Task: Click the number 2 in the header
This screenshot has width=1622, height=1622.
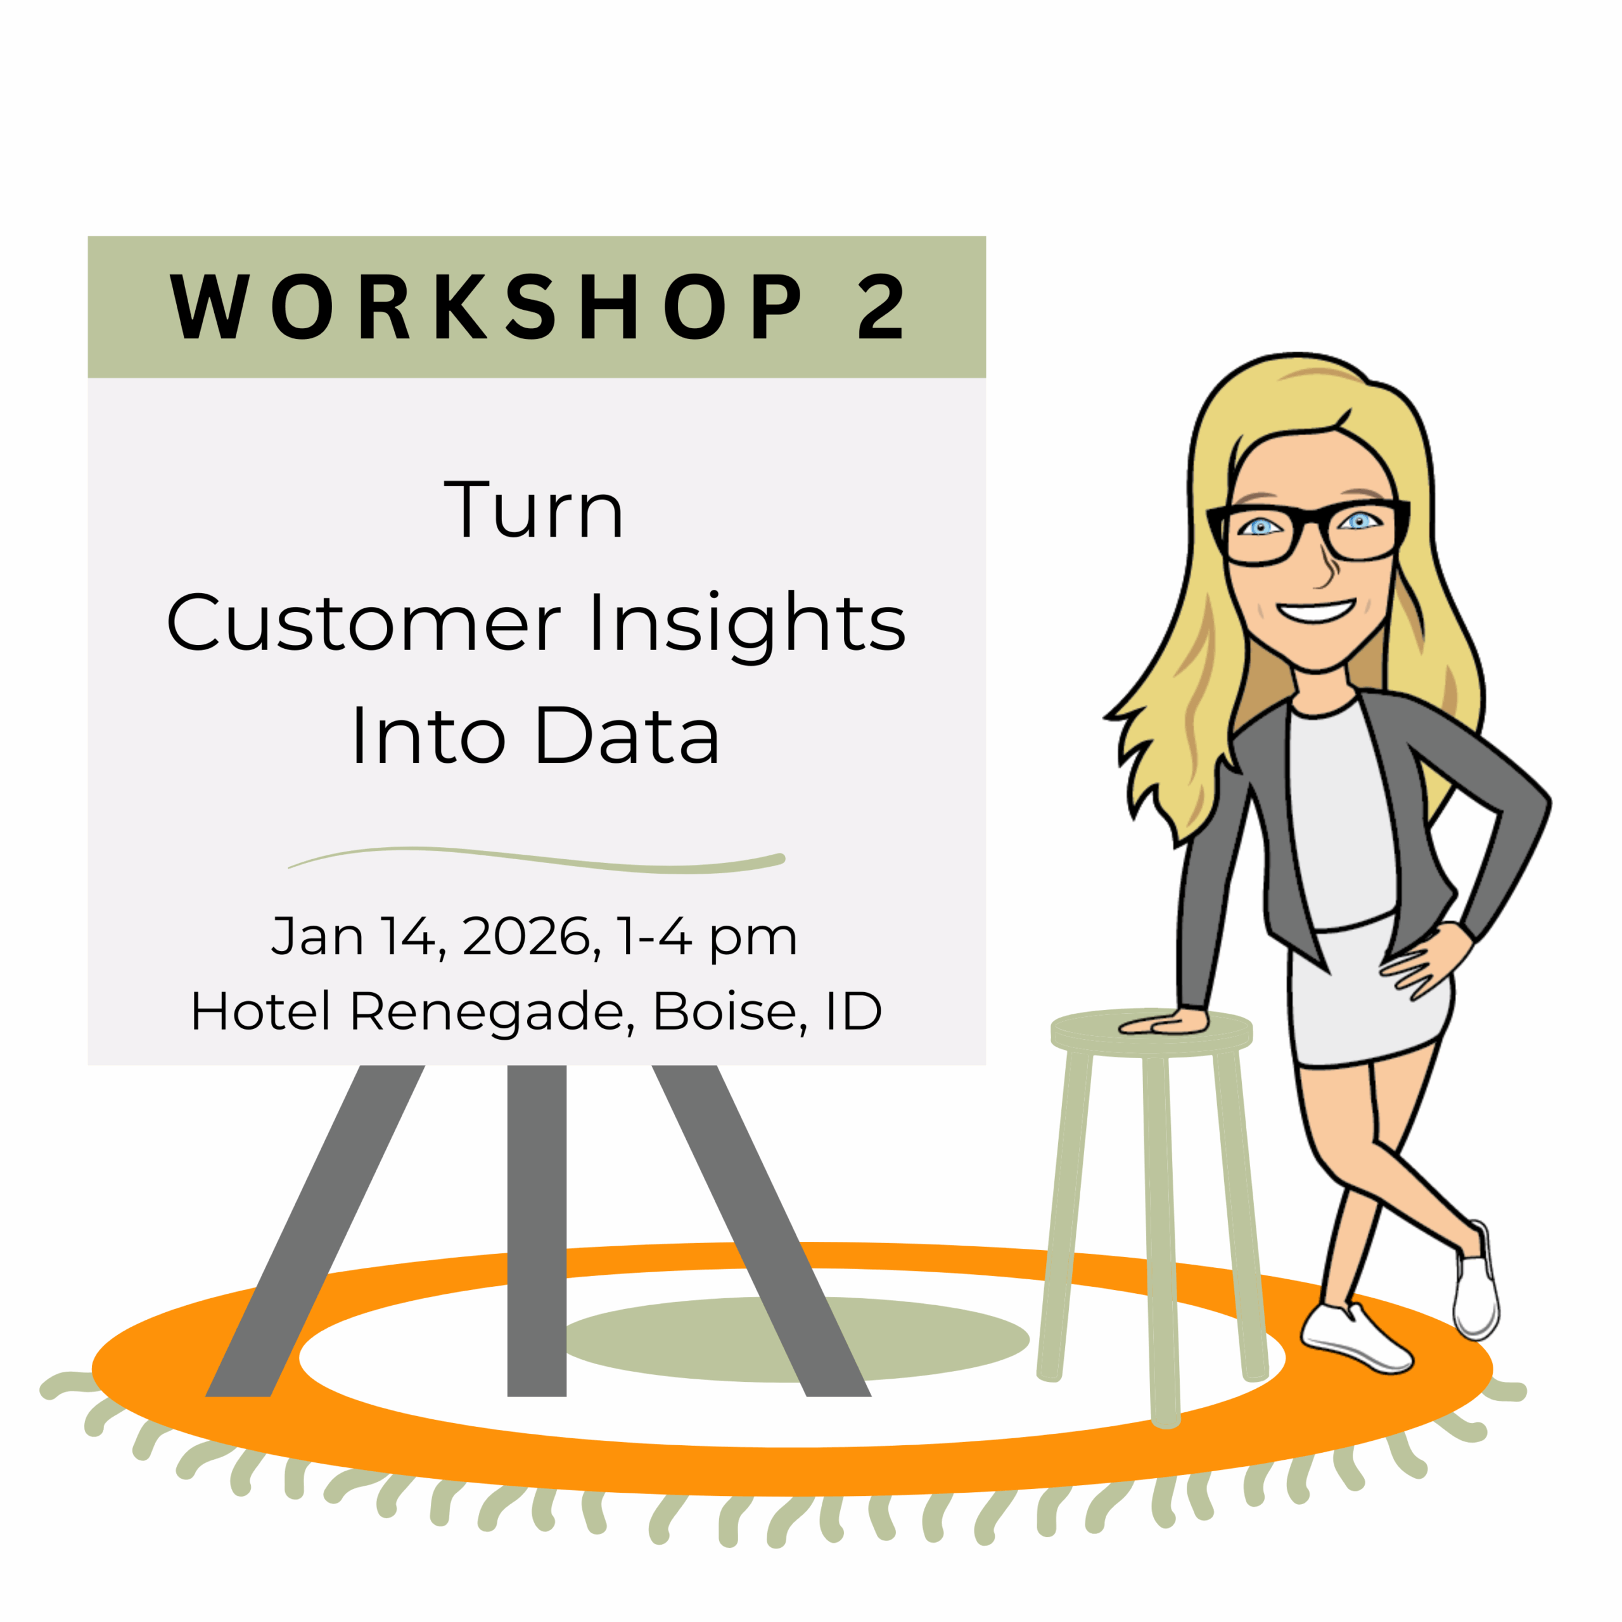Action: [x=881, y=307]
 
